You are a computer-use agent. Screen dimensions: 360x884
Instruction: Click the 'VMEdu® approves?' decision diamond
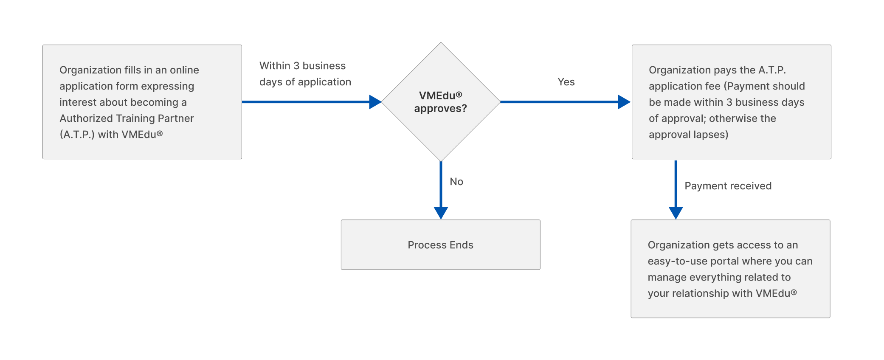[440, 102]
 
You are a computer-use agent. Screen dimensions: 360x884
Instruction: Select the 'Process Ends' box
[440, 245]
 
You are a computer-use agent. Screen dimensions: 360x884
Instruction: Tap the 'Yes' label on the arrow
[566, 82]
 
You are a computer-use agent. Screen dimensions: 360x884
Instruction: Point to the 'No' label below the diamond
[456, 182]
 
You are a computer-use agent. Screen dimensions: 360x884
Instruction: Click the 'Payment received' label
[728, 186]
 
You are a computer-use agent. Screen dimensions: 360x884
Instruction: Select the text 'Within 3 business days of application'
[305, 74]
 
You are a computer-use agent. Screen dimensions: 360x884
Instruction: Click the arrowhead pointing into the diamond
[375, 102]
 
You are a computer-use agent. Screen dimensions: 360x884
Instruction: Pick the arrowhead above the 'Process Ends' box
[441, 212]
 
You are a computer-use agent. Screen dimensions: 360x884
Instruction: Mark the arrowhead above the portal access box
[676, 212]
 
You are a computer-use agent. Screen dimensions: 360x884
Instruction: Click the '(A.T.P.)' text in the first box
[77, 135]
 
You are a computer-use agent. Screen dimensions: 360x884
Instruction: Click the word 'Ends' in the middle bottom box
[462, 245]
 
